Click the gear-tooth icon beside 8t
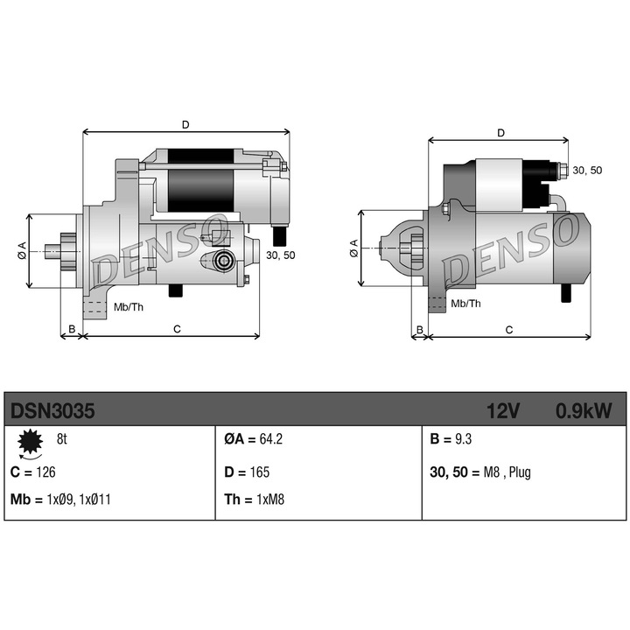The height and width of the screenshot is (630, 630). (x=30, y=444)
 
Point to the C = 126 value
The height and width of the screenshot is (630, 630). (x=33, y=472)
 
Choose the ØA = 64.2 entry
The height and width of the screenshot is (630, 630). (x=255, y=440)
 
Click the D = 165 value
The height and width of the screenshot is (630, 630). (x=247, y=472)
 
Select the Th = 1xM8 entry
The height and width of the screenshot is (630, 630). (x=255, y=500)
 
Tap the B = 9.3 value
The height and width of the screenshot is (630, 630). (x=454, y=440)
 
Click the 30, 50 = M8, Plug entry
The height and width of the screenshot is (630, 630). (x=480, y=472)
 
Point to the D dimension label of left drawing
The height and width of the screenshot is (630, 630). (x=185, y=124)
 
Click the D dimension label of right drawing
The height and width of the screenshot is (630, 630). (x=500, y=133)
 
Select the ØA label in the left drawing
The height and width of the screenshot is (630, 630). (x=22, y=251)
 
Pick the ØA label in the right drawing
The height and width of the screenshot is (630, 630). (x=353, y=248)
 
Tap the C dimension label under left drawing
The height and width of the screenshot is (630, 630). (x=176, y=329)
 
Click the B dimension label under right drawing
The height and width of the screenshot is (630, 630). (x=420, y=330)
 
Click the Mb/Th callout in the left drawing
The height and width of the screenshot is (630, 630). (x=129, y=307)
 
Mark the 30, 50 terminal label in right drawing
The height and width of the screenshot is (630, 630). (x=584, y=170)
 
